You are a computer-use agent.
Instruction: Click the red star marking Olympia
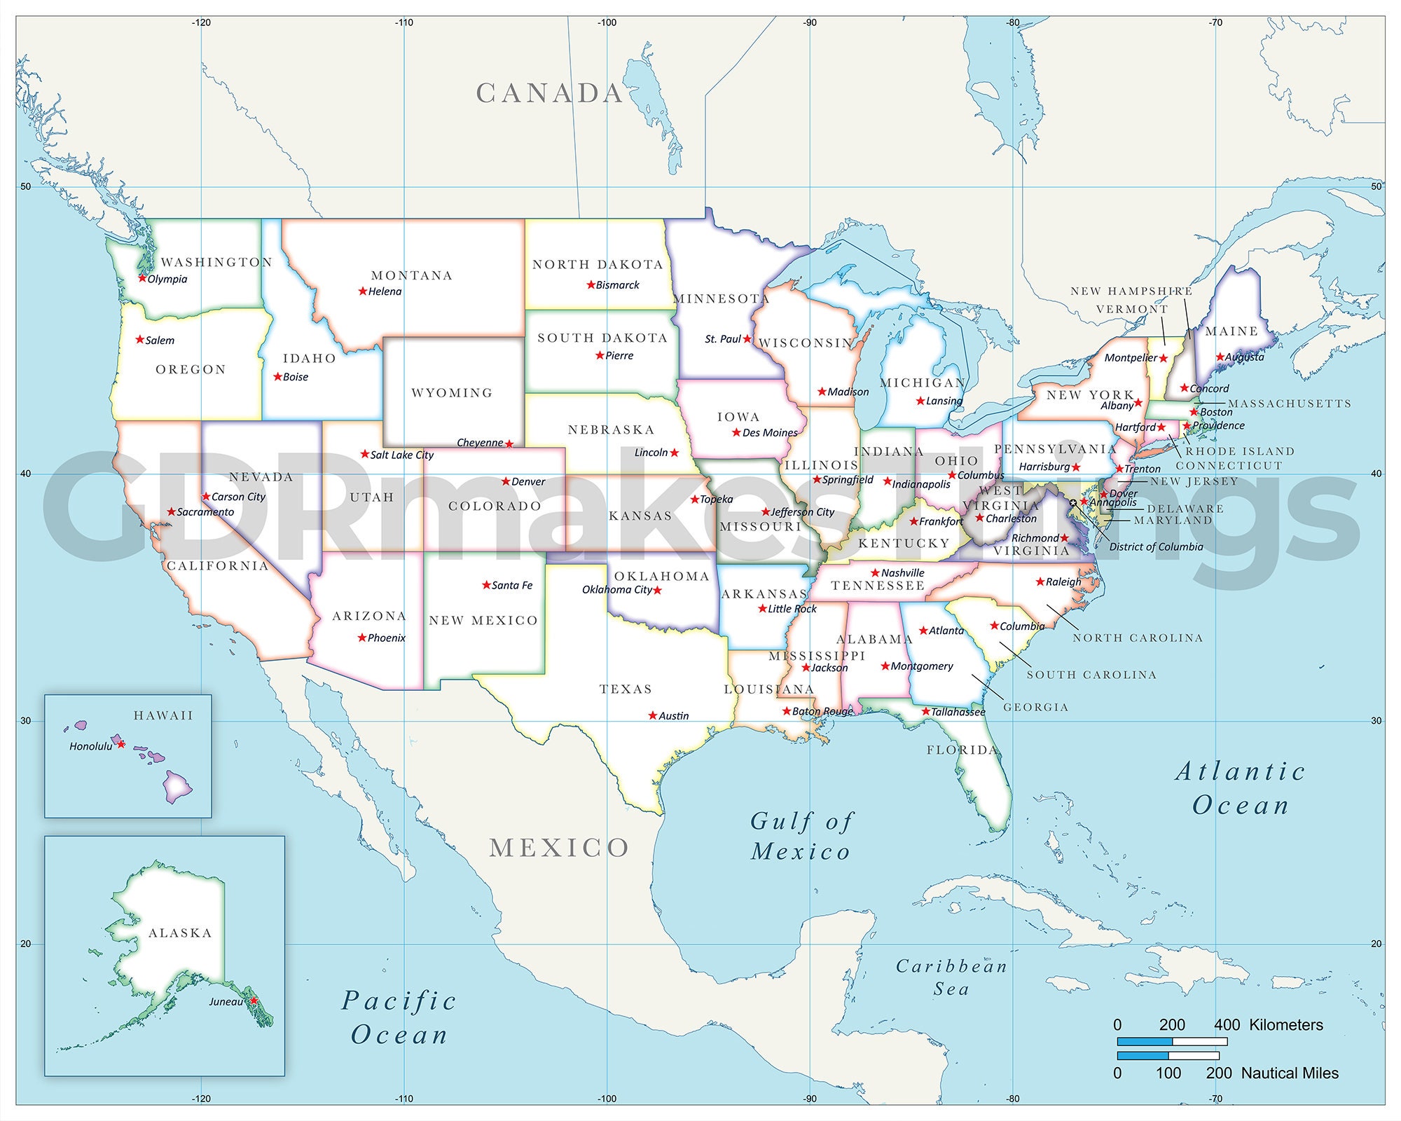(142, 278)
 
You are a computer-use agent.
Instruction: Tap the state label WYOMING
(452, 393)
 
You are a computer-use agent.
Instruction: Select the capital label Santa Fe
(512, 585)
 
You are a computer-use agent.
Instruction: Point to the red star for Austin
(653, 715)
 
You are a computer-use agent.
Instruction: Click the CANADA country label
(550, 93)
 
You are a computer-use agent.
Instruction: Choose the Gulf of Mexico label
(801, 837)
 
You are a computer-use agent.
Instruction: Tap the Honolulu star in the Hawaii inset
(120, 744)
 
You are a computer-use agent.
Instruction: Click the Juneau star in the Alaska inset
(254, 1000)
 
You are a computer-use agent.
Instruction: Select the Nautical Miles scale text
(1290, 1073)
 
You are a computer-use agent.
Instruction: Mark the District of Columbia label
(1156, 546)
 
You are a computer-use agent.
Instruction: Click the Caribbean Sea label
(951, 977)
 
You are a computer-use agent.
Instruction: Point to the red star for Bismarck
(591, 284)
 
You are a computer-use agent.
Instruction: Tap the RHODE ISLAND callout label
(1240, 451)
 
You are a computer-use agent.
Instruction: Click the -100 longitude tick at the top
(607, 22)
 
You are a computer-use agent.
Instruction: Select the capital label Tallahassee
(958, 712)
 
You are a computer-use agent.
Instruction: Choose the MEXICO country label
(559, 848)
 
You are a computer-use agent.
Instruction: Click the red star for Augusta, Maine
(1220, 357)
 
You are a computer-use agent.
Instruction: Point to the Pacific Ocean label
(399, 1017)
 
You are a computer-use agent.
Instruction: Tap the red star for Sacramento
(171, 512)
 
